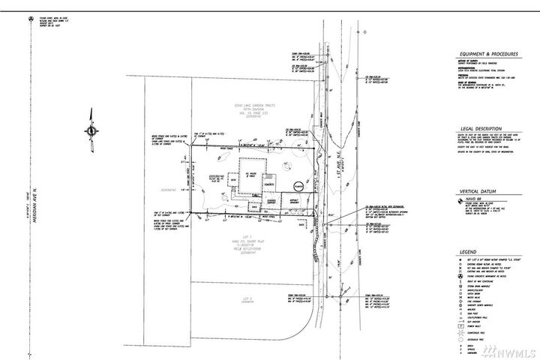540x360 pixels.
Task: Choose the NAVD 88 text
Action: [x=477, y=199]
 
